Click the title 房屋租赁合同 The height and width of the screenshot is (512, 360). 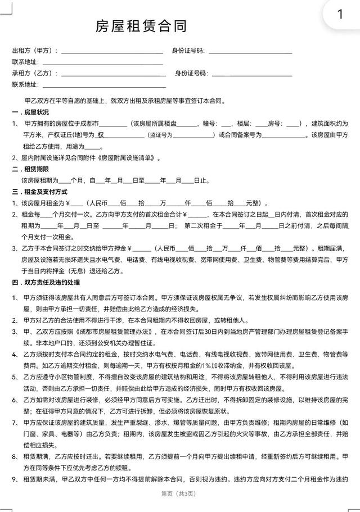click(141, 26)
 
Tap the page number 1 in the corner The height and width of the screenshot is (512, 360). click(339, 15)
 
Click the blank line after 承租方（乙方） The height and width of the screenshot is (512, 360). click(113, 74)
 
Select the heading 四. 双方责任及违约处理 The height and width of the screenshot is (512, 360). click(44, 282)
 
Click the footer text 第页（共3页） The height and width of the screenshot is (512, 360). click(179, 494)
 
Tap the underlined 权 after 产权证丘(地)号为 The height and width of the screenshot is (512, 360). click(101, 135)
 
